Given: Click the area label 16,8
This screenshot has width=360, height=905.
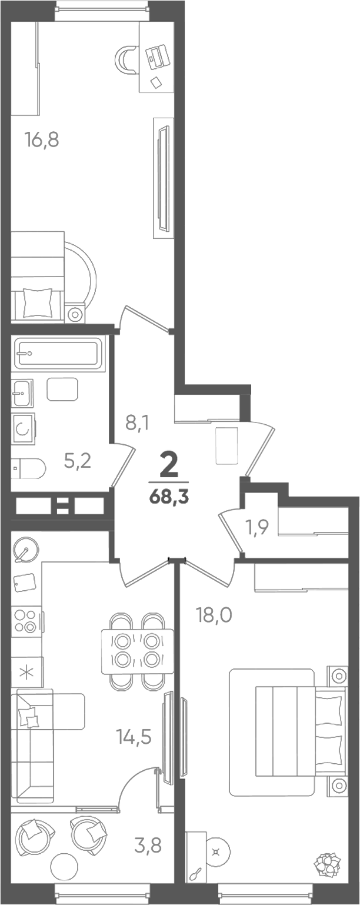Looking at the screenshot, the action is click(42, 140).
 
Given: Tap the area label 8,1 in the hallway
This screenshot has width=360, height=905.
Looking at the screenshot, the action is click(138, 424).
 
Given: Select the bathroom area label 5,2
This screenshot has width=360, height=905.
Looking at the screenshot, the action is click(78, 461).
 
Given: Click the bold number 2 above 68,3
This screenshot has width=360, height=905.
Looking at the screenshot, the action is click(169, 465).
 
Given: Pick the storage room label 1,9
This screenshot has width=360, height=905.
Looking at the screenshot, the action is click(258, 527).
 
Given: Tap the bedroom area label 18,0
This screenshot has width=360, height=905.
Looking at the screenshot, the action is click(214, 615).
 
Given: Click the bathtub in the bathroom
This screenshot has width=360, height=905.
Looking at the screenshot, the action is click(57, 354).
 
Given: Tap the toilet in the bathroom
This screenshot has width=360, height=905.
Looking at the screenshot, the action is click(28, 468).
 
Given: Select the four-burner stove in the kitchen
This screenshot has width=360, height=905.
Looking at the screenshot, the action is click(26, 621).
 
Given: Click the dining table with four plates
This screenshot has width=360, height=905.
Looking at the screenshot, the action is click(138, 651).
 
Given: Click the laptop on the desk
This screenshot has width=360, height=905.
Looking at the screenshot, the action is click(156, 57).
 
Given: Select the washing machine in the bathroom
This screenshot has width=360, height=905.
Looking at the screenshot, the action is click(23, 428).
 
